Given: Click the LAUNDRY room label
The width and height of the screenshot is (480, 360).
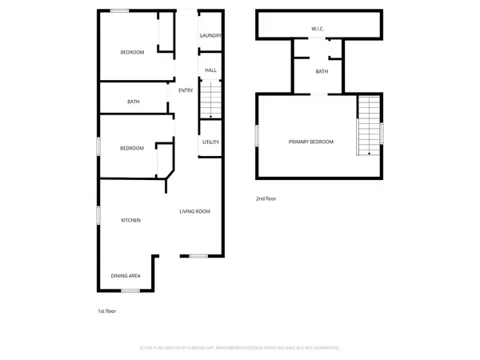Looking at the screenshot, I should [210, 35].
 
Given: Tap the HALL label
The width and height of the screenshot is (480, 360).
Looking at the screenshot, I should [210, 70].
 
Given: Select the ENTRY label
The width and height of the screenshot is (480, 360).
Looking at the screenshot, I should [186, 90].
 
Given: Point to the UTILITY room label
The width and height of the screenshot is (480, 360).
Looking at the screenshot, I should [210, 142].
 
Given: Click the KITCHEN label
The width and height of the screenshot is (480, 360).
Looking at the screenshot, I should [130, 220].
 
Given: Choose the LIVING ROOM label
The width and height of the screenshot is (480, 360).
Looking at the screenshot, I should [194, 211].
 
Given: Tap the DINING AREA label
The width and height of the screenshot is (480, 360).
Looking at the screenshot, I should [126, 276].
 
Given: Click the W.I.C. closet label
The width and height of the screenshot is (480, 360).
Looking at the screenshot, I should [318, 30].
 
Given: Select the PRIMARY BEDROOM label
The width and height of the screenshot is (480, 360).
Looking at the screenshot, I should [311, 142].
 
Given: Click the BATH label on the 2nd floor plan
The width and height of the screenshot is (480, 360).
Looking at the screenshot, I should [322, 72].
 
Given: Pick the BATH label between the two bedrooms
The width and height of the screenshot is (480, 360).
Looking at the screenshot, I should [134, 102].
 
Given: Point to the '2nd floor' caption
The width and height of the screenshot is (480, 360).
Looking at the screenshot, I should [266, 198].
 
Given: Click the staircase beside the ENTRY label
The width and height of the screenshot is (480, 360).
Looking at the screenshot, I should [208, 101].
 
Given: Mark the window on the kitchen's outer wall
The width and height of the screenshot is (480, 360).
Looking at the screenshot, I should [98, 215].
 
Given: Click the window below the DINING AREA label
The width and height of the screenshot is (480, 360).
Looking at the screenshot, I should [131, 290].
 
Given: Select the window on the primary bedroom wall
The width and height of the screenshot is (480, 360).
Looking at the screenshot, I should [257, 135].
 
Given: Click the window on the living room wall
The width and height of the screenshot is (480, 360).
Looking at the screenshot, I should [198, 256].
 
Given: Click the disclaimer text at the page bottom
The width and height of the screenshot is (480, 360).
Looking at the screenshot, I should [239, 348].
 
